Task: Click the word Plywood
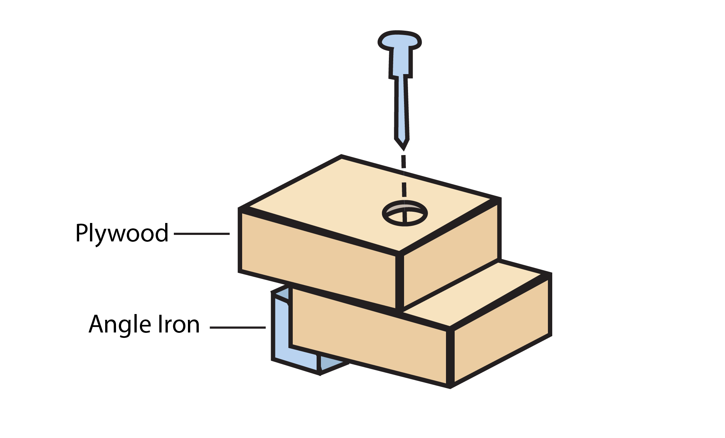coord(122,233)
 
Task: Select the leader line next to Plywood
coord(202,234)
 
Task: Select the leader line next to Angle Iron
coord(237,327)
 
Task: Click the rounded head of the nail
coord(400,40)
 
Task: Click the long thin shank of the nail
coord(402,108)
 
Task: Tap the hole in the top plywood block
coord(405,213)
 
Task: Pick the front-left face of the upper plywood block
coord(318,260)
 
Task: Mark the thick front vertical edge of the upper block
coord(399,282)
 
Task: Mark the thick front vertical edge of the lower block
coord(450,358)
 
